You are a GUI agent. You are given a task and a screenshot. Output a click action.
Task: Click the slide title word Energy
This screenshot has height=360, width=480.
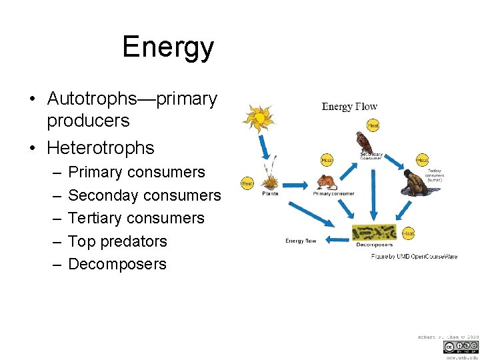168,47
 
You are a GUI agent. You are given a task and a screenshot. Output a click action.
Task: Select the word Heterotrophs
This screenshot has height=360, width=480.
101,147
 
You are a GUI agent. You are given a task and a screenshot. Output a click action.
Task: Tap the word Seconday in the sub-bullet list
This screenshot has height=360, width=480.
101,195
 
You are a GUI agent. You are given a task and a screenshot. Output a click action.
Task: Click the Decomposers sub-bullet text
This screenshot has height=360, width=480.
117,264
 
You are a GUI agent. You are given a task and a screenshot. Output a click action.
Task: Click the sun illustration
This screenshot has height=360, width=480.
258,119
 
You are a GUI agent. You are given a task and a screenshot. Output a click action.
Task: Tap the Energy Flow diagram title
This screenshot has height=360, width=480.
349,107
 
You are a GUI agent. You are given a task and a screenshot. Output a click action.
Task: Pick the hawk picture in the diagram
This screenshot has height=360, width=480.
363,142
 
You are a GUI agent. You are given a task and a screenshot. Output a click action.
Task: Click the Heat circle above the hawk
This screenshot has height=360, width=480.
373,126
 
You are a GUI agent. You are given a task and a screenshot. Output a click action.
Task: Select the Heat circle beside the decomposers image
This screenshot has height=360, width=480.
409,233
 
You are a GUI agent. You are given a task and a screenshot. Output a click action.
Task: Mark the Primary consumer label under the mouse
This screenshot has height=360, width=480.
333,194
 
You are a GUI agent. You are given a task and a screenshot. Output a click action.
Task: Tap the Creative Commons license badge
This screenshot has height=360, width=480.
460,347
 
